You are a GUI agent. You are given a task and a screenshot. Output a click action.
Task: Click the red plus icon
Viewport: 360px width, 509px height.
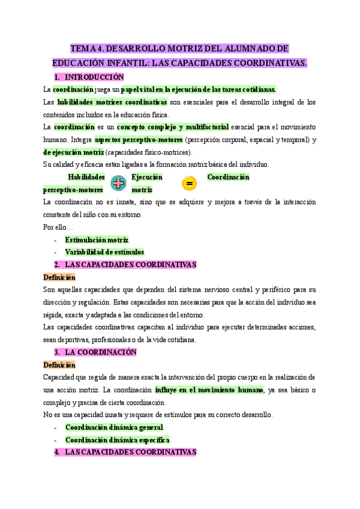[118, 183]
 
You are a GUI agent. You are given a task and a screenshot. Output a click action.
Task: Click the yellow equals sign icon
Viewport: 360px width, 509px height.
[188, 183]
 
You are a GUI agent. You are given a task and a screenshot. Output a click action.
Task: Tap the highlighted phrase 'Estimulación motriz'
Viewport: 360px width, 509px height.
[97, 240]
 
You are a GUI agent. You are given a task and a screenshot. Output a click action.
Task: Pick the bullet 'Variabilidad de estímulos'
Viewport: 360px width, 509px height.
[105, 252]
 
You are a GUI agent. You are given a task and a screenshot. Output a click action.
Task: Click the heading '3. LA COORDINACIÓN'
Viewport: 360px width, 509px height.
[101, 352]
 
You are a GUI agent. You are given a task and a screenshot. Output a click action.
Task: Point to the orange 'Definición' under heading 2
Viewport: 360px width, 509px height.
[59, 277]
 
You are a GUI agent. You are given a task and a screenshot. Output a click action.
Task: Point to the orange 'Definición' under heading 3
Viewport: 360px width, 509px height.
[59, 364]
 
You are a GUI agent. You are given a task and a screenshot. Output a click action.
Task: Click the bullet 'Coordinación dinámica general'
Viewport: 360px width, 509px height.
[114, 427]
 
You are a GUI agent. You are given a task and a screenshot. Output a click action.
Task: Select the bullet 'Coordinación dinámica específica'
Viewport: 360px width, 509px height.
[118, 439]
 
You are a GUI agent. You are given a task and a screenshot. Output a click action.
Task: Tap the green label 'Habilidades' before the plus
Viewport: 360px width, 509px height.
[86, 178]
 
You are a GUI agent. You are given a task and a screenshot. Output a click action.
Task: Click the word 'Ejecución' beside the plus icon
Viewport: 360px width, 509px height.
[147, 178]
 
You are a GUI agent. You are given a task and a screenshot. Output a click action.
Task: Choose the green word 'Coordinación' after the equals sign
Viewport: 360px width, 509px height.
[228, 177]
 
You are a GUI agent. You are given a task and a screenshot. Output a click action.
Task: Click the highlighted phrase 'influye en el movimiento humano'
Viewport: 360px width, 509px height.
[209, 390]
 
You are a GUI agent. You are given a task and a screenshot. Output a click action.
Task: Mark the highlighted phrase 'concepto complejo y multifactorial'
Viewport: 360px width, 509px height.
[173, 127]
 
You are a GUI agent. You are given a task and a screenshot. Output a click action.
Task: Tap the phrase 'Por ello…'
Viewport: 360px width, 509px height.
[58, 227]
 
